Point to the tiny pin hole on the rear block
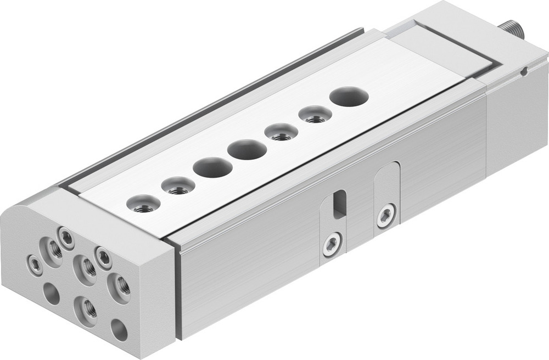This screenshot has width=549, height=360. click(x=524, y=70)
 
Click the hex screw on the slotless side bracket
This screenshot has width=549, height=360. click(x=386, y=215)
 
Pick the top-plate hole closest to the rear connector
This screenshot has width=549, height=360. click(x=349, y=97)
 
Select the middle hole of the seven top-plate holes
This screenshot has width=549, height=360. click(x=247, y=150)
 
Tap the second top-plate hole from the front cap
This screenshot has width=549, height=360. click(x=178, y=186)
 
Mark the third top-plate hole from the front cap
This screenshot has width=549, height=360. click(x=212, y=167)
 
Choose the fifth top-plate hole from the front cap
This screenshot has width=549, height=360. click(x=281, y=132)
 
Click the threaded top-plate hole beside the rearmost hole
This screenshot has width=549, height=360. click(x=315, y=115)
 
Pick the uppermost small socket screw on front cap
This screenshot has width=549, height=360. click(x=67, y=237)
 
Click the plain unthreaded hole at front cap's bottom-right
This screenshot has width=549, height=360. click(x=119, y=329)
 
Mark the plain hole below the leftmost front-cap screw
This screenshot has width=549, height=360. click(x=52, y=294)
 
